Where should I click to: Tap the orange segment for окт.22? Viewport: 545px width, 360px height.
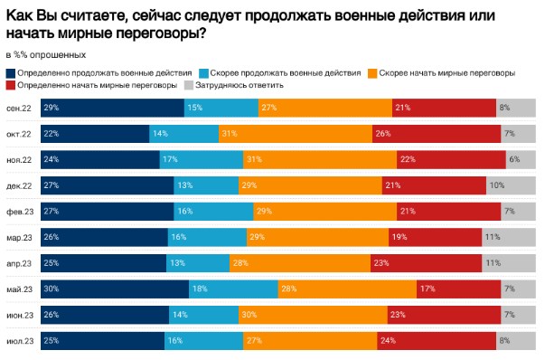295,134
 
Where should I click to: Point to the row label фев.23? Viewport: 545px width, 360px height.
20,212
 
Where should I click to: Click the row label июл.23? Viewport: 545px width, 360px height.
20,342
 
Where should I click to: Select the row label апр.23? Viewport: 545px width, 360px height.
20,264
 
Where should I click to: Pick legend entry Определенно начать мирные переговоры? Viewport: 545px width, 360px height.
95,85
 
